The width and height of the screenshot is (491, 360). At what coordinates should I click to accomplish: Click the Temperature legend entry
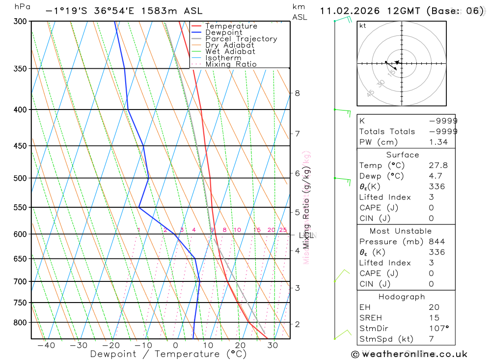pyautogui.click(x=231, y=26)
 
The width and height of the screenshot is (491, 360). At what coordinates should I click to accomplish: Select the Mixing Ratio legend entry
pyautogui.click(x=231, y=64)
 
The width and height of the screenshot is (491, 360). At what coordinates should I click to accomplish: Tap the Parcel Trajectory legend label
pyautogui.click(x=241, y=39)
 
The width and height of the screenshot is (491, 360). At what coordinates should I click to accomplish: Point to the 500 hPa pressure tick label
pyautogui.click(x=20, y=178)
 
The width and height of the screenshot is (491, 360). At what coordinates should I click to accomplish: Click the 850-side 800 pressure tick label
pyautogui.click(x=20, y=323)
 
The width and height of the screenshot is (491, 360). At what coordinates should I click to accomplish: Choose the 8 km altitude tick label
pyautogui.click(x=297, y=93)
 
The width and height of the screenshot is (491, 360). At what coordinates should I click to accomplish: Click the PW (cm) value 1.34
pyautogui.click(x=438, y=142)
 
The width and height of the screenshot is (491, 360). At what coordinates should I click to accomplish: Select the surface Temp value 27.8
pyautogui.click(x=438, y=166)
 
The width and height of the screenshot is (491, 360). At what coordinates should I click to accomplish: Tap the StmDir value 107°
pyautogui.click(x=438, y=329)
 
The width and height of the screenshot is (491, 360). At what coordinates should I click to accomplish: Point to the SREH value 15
pyautogui.click(x=434, y=318)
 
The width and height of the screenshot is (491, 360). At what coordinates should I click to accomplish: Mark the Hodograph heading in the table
pyautogui.click(x=401, y=297)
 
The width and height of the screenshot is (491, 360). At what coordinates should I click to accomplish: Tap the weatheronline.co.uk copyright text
pyautogui.click(x=409, y=354)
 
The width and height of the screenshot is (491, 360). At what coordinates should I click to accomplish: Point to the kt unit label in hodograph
pyautogui.click(x=363, y=26)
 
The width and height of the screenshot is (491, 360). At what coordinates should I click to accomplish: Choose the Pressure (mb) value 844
pyautogui.click(x=436, y=242)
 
